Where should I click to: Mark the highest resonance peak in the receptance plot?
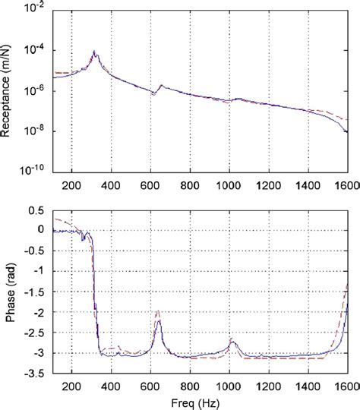click(94, 52)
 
